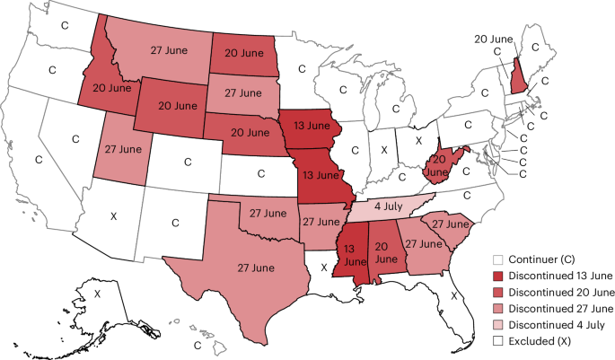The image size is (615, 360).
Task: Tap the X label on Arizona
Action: (x=113, y=215)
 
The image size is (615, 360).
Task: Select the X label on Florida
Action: (x=455, y=294)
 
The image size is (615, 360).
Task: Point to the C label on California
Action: (x=38, y=159)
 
